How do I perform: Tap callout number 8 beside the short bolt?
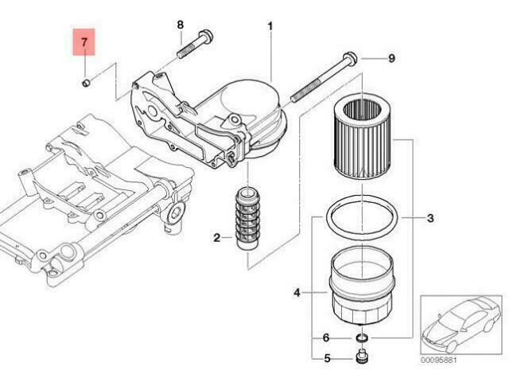click(x=179, y=25)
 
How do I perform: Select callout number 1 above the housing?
click(x=270, y=27)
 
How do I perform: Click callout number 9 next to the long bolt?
click(x=390, y=57)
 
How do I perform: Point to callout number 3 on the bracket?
click(x=429, y=217)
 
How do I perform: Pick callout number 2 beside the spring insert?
click(x=216, y=236)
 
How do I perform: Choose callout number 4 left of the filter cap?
click(x=297, y=293)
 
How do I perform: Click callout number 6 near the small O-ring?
click(x=326, y=338)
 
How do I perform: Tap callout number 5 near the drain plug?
click(x=326, y=359)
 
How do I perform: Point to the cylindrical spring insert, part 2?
click(x=246, y=220)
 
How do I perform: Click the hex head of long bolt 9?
click(x=351, y=58)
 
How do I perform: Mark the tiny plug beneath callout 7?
click(x=86, y=80)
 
